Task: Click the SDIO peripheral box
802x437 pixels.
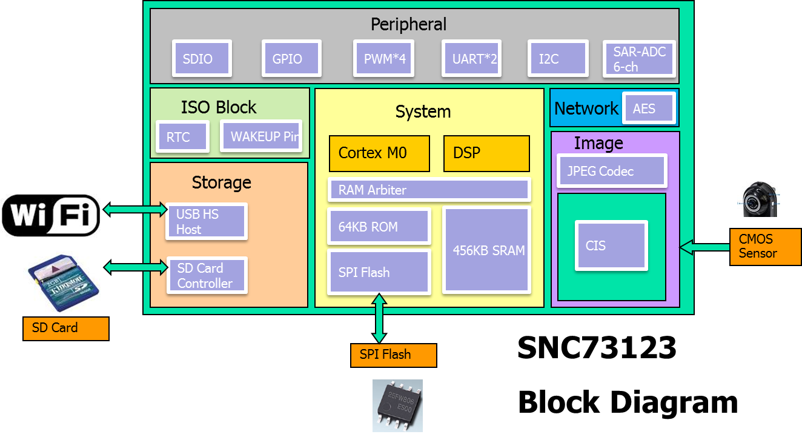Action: point(202,58)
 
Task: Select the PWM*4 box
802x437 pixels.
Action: point(385,58)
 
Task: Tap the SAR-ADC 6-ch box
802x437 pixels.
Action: point(639,59)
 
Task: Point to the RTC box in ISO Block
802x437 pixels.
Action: point(182,136)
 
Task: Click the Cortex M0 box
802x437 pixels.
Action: point(379,153)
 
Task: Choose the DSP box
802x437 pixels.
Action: point(486,153)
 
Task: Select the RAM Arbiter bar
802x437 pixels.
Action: point(429,190)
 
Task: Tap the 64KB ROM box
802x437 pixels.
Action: point(379,227)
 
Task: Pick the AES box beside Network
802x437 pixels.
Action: point(649,109)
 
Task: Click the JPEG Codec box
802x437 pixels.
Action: point(611,171)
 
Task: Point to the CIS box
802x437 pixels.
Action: point(611,245)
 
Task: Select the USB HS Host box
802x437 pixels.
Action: point(206,221)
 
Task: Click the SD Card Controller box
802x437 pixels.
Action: point(207,275)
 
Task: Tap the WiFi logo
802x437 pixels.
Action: point(50,215)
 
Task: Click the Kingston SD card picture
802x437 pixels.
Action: point(62,282)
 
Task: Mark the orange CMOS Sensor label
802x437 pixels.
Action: point(765,247)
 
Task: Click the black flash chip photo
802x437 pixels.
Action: point(397,405)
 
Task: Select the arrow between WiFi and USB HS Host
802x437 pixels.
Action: point(134,210)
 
